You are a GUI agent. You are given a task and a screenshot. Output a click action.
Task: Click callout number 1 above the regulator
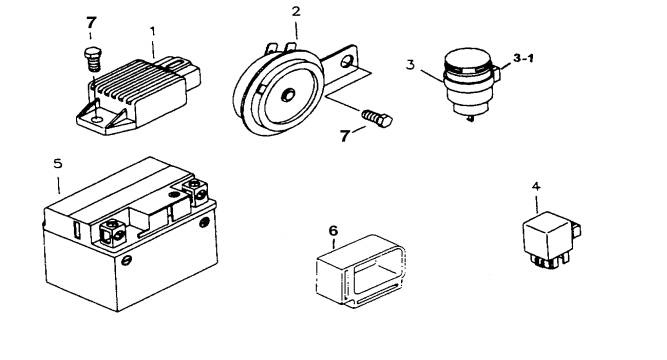153,31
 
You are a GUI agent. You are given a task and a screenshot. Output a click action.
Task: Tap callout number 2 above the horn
296,11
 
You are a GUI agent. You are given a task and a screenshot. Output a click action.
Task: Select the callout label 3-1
523,58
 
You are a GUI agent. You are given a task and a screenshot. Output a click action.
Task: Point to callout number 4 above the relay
536,186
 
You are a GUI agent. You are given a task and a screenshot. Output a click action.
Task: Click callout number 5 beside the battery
58,163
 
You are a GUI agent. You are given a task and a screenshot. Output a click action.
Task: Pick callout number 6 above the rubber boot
333,231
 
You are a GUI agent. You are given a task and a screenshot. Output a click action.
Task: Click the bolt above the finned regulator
92,59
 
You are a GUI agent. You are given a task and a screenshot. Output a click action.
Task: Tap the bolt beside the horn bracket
377,118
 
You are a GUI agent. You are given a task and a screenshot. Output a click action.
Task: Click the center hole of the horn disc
288,95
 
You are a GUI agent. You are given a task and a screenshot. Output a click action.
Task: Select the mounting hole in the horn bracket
346,62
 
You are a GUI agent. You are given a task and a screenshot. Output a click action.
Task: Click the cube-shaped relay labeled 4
551,239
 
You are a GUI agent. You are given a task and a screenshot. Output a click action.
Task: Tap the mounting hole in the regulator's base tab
97,119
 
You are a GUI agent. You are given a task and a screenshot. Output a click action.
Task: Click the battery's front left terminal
112,231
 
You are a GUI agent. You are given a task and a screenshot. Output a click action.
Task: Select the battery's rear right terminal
195,191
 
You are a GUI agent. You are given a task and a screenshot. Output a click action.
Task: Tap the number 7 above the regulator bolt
91,22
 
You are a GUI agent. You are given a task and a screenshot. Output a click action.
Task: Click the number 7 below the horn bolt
345,136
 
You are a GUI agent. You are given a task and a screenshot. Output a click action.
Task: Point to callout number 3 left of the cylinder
410,65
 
